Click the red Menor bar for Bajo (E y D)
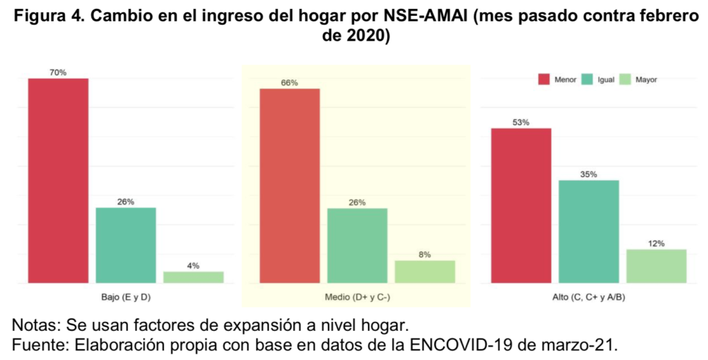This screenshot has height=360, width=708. click(x=58, y=180)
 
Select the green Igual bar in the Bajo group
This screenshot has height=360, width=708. click(x=125, y=245)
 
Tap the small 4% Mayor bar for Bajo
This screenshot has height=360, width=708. click(x=193, y=276)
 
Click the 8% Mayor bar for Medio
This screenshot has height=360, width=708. click(x=425, y=272)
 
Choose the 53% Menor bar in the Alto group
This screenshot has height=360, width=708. click(x=521, y=205)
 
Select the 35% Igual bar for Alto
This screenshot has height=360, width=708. click(x=588, y=231)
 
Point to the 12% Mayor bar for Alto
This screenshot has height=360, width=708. click(x=656, y=265)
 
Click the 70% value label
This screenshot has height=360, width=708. click(x=58, y=72)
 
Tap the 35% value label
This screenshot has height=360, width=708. click(x=588, y=174)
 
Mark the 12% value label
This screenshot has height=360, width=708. click(x=656, y=243)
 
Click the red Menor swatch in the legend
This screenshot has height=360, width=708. click(x=543, y=79)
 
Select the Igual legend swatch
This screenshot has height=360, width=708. click(x=587, y=79)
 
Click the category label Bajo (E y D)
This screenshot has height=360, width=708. click(x=125, y=297)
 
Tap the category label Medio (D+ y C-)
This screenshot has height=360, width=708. click(x=357, y=297)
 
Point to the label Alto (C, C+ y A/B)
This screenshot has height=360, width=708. click(x=588, y=297)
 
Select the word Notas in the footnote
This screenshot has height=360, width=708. click(x=34, y=324)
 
